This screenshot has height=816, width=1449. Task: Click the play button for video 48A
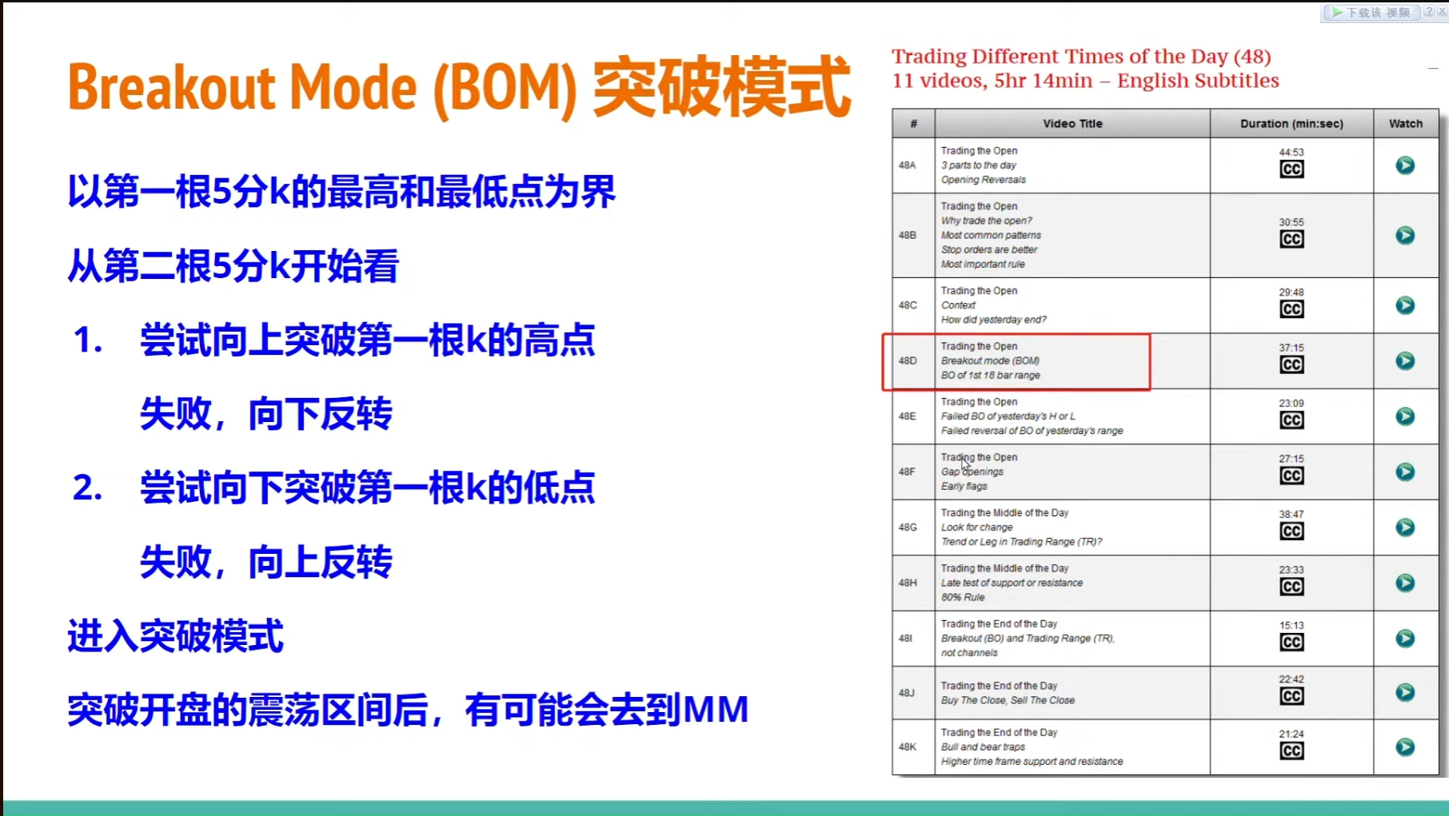pos(1405,165)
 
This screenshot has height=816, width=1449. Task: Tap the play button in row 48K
pos(1405,747)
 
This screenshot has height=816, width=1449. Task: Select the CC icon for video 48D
pos(1291,365)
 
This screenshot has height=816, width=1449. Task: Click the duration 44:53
pos(1291,152)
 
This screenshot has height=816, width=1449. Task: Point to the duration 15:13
pos(1291,625)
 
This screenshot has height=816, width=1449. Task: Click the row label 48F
pos(907,472)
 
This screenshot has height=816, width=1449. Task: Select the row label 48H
pos(908,583)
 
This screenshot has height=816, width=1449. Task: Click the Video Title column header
pos(1072,124)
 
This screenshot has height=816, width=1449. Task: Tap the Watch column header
pos(1406,124)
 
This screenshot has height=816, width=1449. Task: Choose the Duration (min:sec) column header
pos(1291,124)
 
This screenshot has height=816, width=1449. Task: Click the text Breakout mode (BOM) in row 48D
pos(990,360)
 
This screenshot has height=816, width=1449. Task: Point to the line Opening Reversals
pos(984,180)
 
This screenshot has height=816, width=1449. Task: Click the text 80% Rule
pos(963,597)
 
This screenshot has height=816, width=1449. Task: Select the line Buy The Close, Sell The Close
pos(1008,700)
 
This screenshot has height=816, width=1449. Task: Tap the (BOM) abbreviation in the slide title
pos(505,89)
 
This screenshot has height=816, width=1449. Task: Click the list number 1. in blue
pos(88,340)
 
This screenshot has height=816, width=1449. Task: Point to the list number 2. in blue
pos(88,488)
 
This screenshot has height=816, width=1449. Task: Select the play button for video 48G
pos(1405,527)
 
